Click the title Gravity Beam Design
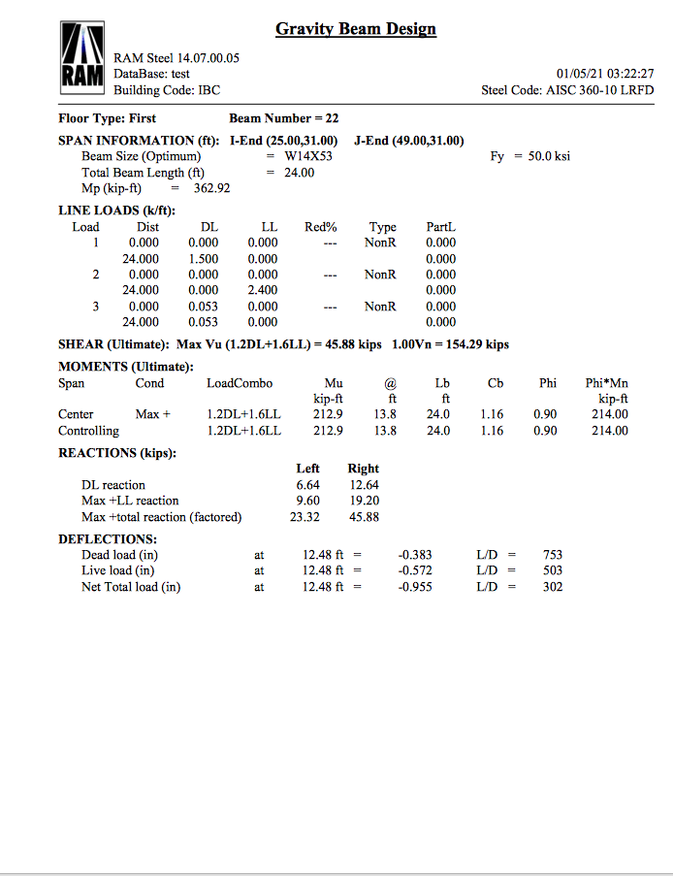[356, 29]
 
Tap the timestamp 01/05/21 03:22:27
[605, 74]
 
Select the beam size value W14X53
[308, 156]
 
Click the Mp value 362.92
[211, 188]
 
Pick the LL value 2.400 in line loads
[263, 290]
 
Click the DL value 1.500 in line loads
[203, 259]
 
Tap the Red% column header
[321, 227]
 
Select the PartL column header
[440, 227]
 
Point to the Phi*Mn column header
[607, 383]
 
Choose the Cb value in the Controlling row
[492, 431]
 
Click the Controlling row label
[88, 431]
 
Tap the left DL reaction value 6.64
[308, 485]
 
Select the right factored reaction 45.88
[364, 517]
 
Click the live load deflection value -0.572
[416, 570]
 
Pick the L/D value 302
[552, 587]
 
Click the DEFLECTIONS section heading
[108, 539]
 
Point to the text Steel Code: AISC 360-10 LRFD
[567, 90]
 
